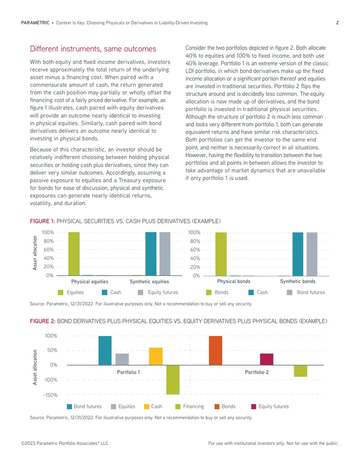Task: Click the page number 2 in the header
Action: pos(337,23)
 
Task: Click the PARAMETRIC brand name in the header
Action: pos(35,23)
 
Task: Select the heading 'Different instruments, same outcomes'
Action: pos(93,49)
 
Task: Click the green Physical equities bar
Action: pos(74,254)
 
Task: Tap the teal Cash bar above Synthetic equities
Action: pos(151,254)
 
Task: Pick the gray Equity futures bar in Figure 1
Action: pos(165,254)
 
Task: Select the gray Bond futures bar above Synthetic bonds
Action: pos(312,254)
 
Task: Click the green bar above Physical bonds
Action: pos(221,254)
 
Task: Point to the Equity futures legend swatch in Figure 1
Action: pos(140,293)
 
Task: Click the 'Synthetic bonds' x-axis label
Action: pos(297,281)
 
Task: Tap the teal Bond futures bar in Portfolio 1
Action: pos(105,350)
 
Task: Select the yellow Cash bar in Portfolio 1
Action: pos(156,356)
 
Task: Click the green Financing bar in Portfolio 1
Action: pos(173,380)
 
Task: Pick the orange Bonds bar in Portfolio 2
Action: pos(216,350)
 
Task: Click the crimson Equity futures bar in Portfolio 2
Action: pos(266,359)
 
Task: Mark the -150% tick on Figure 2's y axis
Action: pos(50,395)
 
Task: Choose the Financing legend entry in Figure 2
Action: pos(189,406)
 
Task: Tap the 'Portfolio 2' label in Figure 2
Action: pos(256,372)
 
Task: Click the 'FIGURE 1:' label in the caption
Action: pos(42,221)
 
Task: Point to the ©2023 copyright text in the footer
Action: pos(64,443)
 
